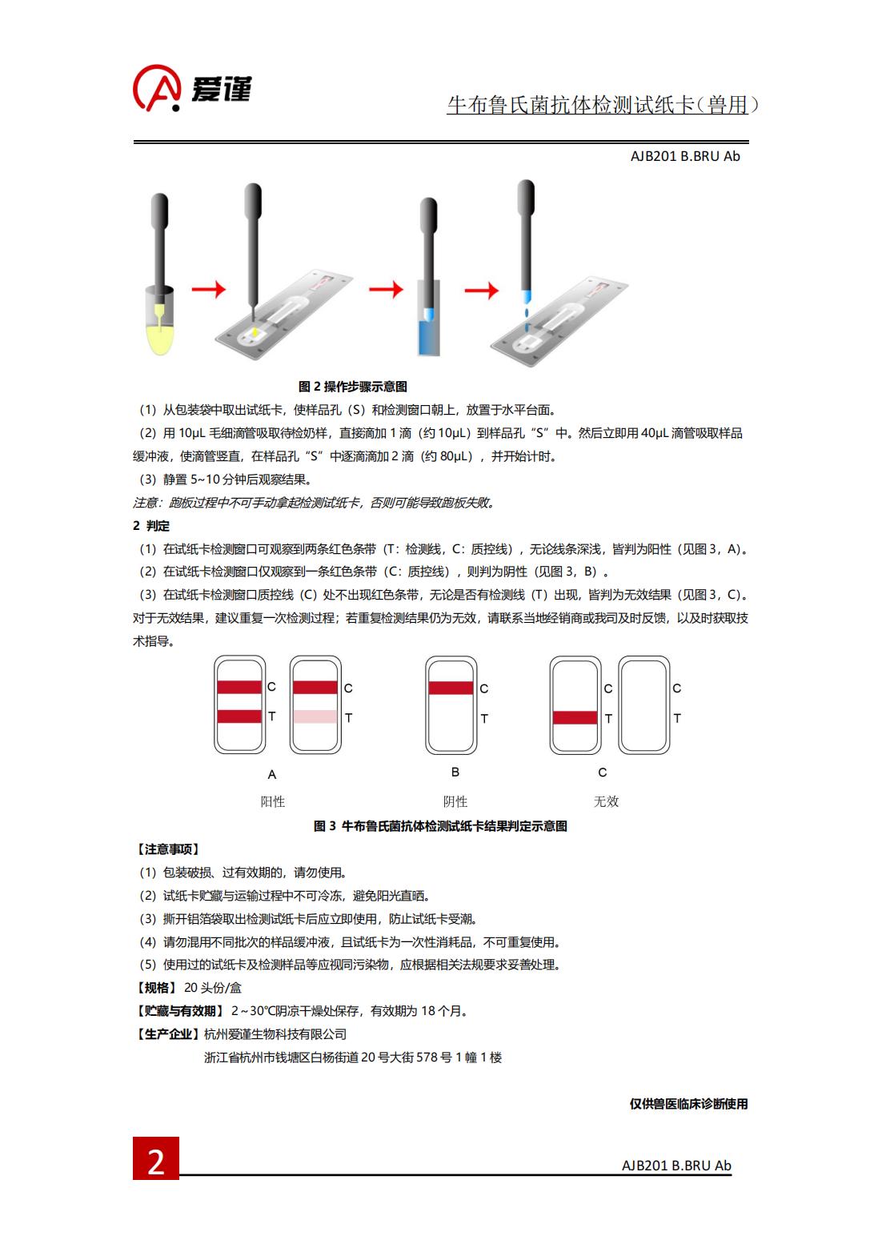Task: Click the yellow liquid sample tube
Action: [x=159, y=322]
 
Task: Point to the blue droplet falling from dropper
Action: [x=527, y=313]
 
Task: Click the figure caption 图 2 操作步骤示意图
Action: [x=353, y=387]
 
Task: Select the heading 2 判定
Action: [x=151, y=526]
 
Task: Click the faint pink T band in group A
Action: [x=315, y=716]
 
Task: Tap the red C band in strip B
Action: [x=451, y=688]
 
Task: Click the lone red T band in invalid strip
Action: [x=575, y=717]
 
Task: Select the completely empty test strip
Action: [x=644, y=705]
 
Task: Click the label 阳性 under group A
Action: [x=272, y=802]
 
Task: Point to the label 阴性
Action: [x=455, y=802]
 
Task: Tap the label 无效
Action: [x=606, y=802]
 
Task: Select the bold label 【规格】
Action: [x=157, y=988]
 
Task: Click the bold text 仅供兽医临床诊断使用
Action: [x=688, y=1104]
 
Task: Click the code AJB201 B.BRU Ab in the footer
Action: [x=676, y=1165]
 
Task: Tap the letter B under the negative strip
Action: [x=455, y=772]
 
